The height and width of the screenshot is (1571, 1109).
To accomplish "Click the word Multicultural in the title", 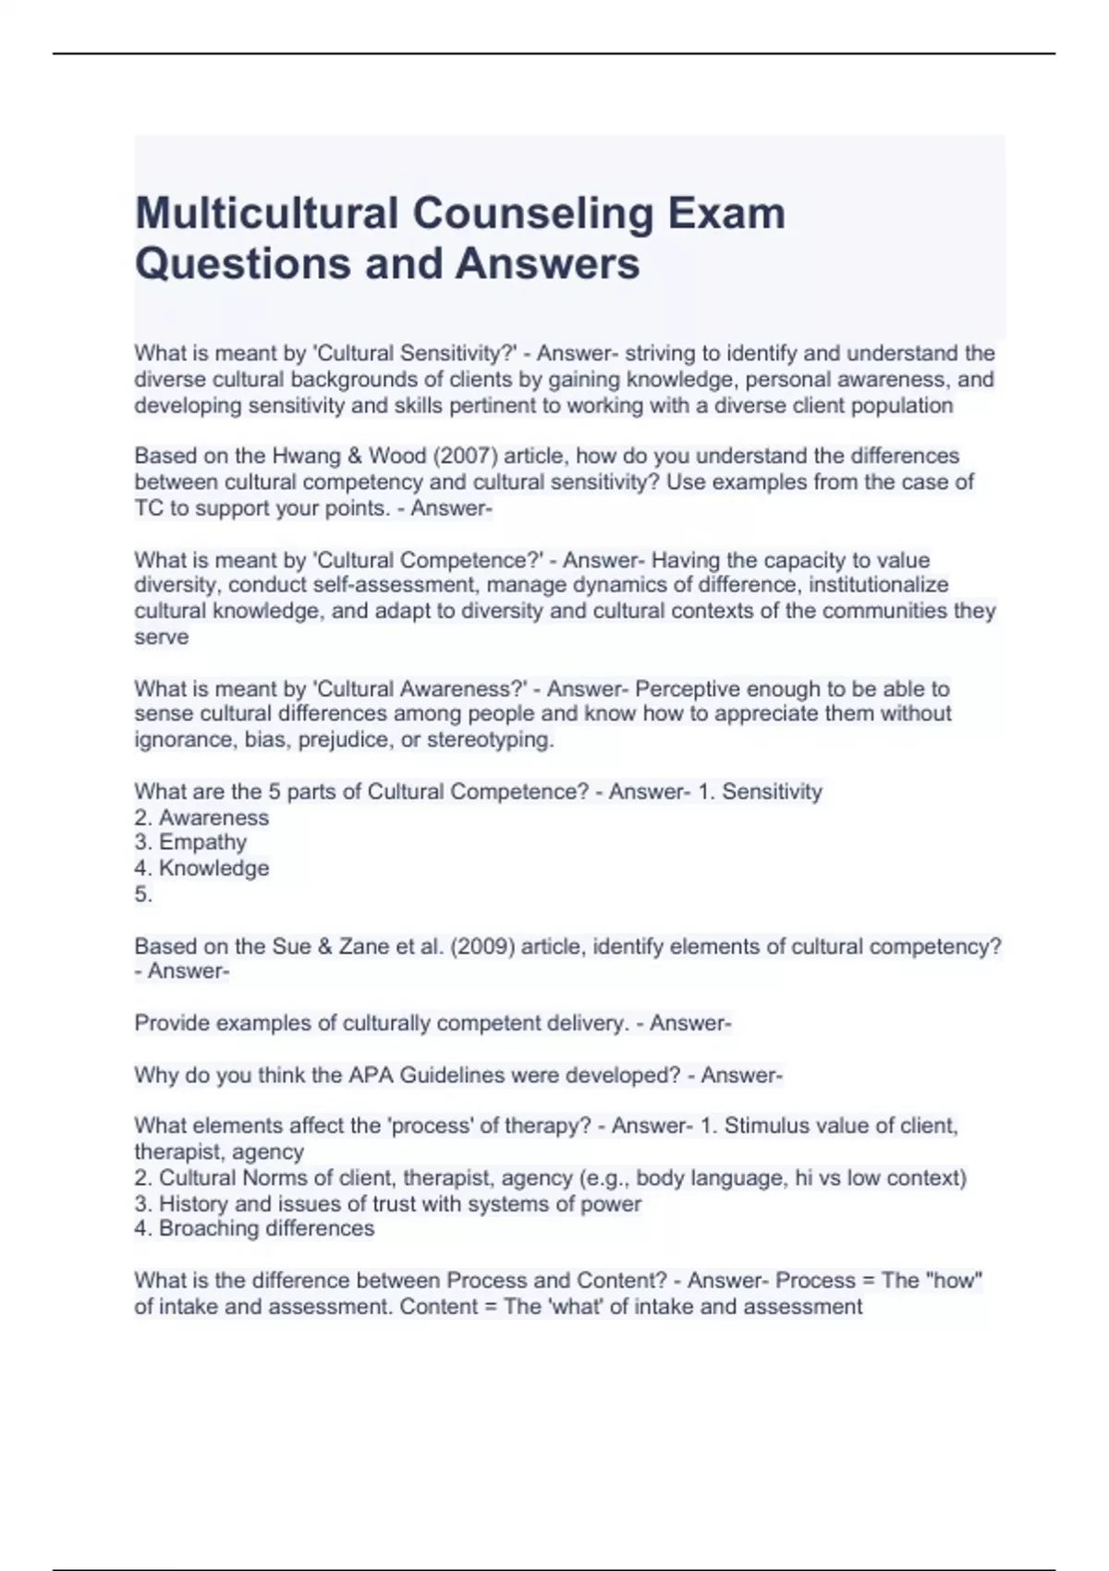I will click(265, 213).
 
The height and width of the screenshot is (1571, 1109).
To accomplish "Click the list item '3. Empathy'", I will click(190, 843).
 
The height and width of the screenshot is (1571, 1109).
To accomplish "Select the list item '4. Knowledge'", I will click(201, 869).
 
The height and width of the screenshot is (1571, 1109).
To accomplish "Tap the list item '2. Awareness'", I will click(201, 818).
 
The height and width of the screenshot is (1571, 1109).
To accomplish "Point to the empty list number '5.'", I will click(143, 895).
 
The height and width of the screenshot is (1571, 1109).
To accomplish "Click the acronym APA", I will click(372, 1076).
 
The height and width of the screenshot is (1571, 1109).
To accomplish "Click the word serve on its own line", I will click(161, 638).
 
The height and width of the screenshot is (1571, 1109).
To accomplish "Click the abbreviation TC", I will click(149, 508).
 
